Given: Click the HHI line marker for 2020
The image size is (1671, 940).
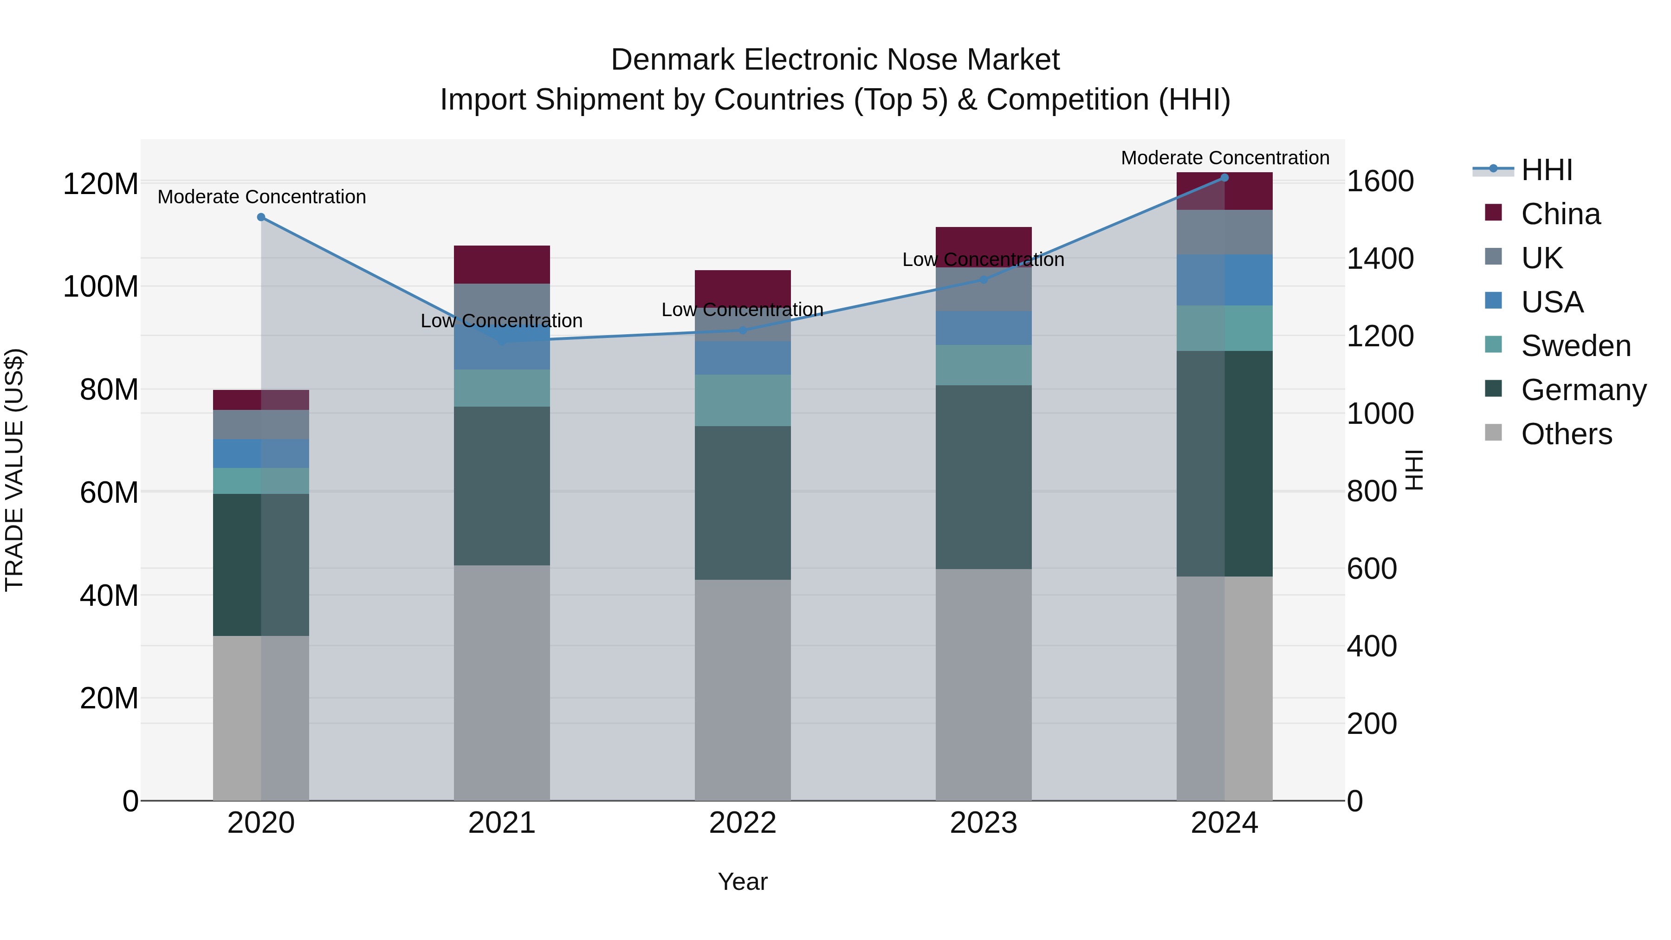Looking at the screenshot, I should click(x=261, y=217).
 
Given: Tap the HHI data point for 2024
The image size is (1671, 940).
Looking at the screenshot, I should click(x=1224, y=178).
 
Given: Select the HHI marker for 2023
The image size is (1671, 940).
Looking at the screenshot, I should click(x=983, y=279).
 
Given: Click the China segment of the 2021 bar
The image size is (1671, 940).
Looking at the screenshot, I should click(x=501, y=265).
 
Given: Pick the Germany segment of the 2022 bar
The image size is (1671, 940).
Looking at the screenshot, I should click(x=742, y=503).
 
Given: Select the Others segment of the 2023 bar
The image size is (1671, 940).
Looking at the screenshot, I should click(x=983, y=684).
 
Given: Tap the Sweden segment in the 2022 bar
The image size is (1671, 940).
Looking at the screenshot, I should click(x=742, y=400).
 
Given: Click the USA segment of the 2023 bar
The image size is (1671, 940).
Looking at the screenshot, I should click(x=983, y=328).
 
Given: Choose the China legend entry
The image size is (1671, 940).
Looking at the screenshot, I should click(x=1560, y=214).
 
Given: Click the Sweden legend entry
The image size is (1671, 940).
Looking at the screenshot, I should click(x=1575, y=346).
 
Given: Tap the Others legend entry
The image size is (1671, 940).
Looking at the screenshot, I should click(x=1566, y=434).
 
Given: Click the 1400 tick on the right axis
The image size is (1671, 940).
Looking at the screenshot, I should click(x=1380, y=258).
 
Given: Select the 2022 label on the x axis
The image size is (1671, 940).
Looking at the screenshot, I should click(x=742, y=823).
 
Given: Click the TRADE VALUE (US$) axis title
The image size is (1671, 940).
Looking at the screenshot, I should click(x=14, y=470).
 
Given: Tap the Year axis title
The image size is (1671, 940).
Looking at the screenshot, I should click(x=742, y=882).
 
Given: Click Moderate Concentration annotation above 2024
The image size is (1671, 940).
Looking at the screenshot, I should click(x=1224, y=158).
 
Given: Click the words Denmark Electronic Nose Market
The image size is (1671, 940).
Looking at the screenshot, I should click(x=835, y=60).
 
